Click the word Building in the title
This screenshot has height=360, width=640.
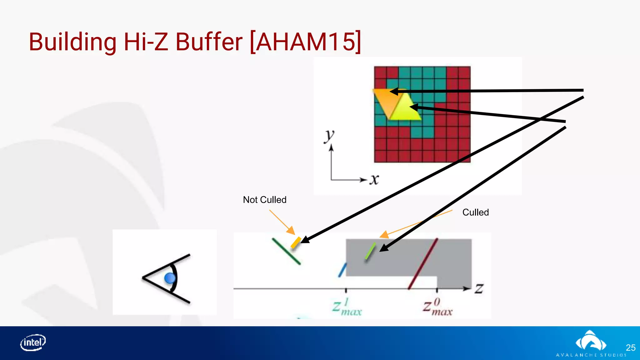click(x=73, y=42)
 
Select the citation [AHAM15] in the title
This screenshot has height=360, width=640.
click(x=306, y=42)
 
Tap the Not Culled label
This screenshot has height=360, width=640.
click(x=265, y=200)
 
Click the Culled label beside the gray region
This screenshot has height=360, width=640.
click(x=475, y=212)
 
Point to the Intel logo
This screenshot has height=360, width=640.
click(x=33, y=342)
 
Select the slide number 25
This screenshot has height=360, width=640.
click(x=630, y=347)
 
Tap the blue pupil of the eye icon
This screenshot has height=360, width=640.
click(x=170, y=278)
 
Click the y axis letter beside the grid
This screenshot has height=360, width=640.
click(x=329, y=136)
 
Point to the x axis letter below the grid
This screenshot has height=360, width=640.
click(x=374, y=180)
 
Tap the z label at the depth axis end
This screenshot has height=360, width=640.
click(x=479, y=288)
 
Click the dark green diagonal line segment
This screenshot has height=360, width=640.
click(x=286, y=251)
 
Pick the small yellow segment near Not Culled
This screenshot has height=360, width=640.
click(x=296, y=242)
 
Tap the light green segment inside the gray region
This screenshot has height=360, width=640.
click(x=370, y=251)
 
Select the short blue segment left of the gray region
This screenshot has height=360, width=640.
click(x=342, y=270)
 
